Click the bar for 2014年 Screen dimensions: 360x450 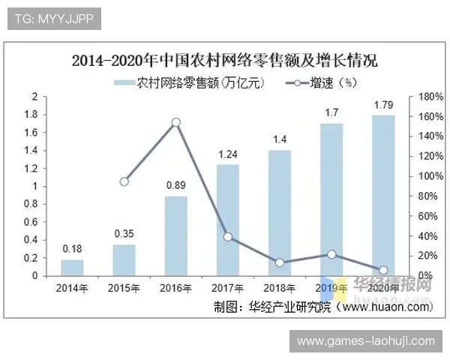tap(72, 268)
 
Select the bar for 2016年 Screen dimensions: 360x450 tap(175, 235)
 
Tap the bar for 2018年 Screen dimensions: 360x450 tap(280, 213)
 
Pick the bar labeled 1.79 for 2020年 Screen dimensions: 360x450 tap(383, 195)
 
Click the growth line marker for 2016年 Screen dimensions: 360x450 tap(175, 122)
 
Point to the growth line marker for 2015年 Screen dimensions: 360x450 tap(124, 181)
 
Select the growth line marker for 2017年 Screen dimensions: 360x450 tap(228, 237)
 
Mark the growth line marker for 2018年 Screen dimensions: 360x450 tap(280, 262)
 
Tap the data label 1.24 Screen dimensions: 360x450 tap(228, 154)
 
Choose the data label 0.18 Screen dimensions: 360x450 tap(72, 248)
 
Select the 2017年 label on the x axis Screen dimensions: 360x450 tap(228, 288)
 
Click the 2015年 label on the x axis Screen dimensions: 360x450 tap(124, 288)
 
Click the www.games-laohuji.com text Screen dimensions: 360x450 tap(365, 341)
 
